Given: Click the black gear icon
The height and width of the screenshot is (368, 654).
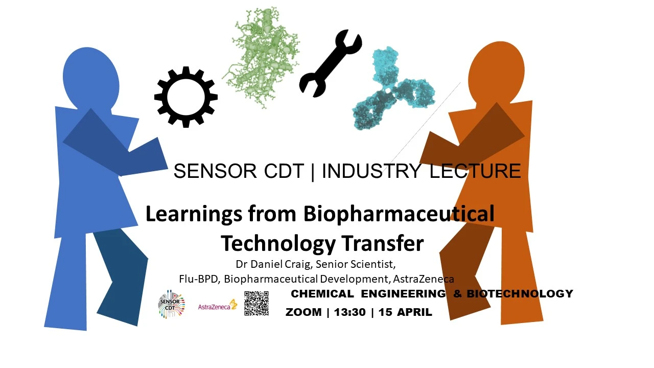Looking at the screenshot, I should point(186,97).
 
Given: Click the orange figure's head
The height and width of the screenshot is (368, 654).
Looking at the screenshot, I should point(496,72).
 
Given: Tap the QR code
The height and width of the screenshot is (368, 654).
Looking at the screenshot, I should point(256,304).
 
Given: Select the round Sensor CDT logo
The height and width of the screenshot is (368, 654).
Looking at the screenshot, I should point(172,305).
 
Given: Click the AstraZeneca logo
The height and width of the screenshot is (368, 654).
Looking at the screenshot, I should point(218,306).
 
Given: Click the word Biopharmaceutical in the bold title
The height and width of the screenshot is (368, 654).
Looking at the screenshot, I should point(399,214).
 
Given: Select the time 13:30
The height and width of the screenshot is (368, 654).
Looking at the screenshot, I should point(350,312).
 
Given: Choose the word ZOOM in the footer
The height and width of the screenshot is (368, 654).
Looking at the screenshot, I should point(303,312).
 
